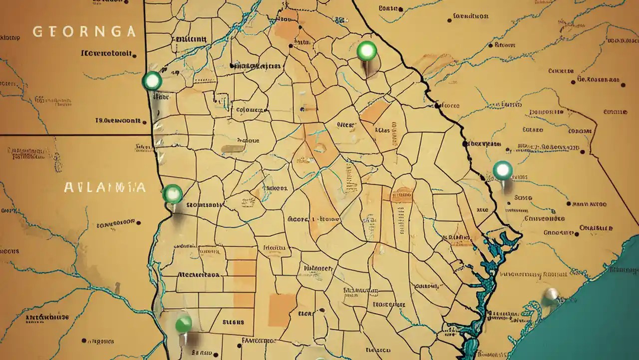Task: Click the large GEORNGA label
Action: coord(84,32)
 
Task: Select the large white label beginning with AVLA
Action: coord(105,187)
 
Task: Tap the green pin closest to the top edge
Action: coord(367,50)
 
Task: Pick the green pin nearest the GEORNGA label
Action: coord(152,80)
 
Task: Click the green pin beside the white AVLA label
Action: coord(172,193)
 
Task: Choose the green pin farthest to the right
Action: coord(502,170)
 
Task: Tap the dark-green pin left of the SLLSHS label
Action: coord(184,323)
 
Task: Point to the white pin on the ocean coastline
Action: coord(551,294)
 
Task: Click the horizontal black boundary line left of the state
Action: coord(75,135)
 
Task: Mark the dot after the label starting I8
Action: coord(145,120)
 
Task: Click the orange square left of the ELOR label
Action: coord(282,310)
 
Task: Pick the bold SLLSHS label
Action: coord(232,322)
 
